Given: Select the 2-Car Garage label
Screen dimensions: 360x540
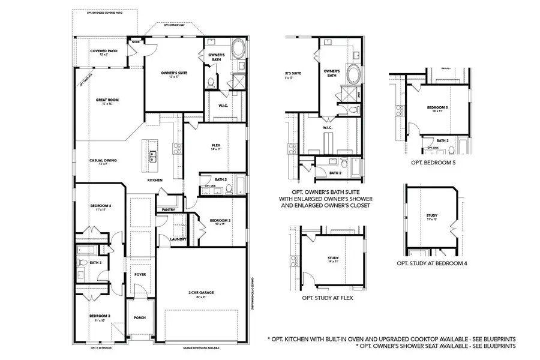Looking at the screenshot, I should click(x=201, y=293).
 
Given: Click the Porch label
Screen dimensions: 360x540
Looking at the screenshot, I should click(x=140, y=317).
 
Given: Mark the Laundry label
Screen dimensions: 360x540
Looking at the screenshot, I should click(x=178, y=239).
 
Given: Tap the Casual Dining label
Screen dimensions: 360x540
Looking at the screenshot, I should click(x=103, y=160).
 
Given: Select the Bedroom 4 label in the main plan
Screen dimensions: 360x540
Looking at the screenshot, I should click(x=101, y=206).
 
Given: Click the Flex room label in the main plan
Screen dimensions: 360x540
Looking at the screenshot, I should click(x=216, y=146).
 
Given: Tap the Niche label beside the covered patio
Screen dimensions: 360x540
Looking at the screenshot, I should click(x=136, y=42).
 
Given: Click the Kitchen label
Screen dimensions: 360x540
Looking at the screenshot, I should click(x=156, y=180).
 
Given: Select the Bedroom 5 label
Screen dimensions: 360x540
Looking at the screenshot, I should click(x=437, y=108).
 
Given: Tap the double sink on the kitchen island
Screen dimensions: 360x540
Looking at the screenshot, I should click(x=152, y=157).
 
